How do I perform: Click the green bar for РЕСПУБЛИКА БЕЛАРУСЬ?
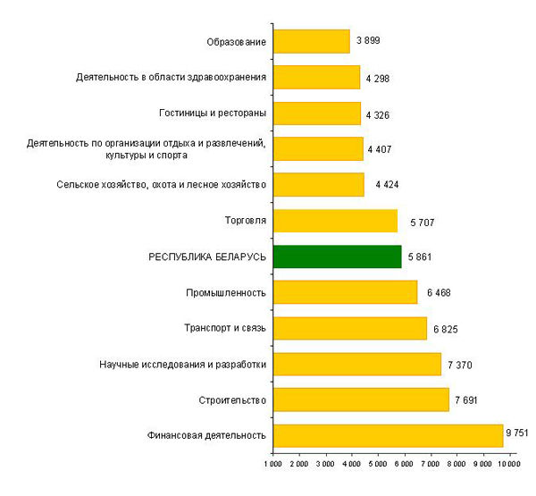(x=337, y=256)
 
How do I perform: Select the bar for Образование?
(x=311, y=41)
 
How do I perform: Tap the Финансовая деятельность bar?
(x=388, y=435)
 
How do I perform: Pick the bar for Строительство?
(x=361, y=399)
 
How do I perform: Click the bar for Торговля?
(x=335, y=221)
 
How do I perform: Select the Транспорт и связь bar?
(x=349, y=328)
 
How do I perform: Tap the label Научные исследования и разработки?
(x=184, y=364)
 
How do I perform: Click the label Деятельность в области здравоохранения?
(x=172, y=77)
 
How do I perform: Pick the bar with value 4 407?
(x=318, y=148)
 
